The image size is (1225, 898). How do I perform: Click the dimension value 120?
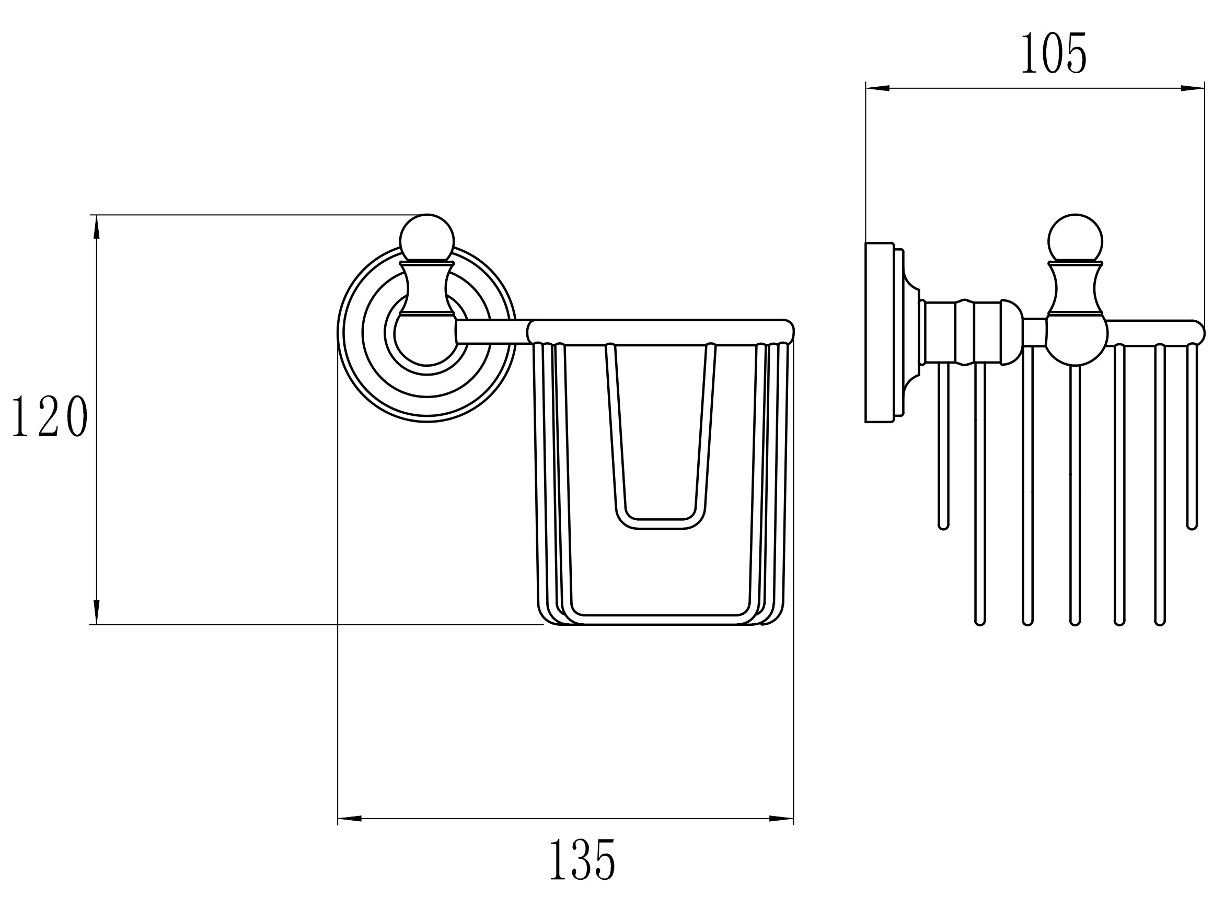coord(50,416)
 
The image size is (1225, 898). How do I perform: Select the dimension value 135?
coord(582,860)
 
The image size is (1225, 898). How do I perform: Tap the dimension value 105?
coord(1053,53)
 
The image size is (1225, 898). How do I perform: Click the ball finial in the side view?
coord(1075,240)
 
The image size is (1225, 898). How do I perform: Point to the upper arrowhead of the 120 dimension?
coord(97,227)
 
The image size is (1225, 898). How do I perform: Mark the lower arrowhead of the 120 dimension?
coord(97,612)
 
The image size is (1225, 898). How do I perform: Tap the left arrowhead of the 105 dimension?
coord(877,88)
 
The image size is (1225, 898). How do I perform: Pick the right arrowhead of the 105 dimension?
coord(1193,88)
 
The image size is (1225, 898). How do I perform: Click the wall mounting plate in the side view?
coord(879,332)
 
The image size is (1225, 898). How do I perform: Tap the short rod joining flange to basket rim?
coord(492,332)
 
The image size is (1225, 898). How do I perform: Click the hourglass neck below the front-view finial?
coord(427,288)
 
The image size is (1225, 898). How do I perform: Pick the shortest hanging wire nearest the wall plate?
coord(943,446)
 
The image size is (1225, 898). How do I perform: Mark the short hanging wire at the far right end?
coord(1192,435)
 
